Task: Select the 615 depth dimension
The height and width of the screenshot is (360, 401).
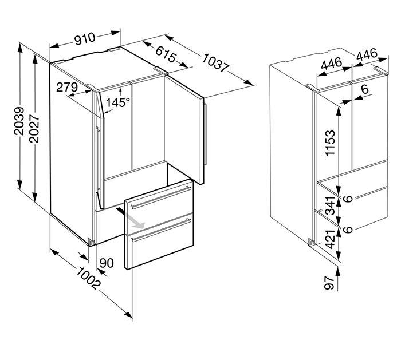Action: point(165,56)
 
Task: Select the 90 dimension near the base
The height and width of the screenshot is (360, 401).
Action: point(107,264)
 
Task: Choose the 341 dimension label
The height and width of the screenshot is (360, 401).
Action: point(331,208)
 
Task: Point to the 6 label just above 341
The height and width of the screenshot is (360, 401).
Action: point(348,199)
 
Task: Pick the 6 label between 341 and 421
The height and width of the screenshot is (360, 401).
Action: point(348,229)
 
